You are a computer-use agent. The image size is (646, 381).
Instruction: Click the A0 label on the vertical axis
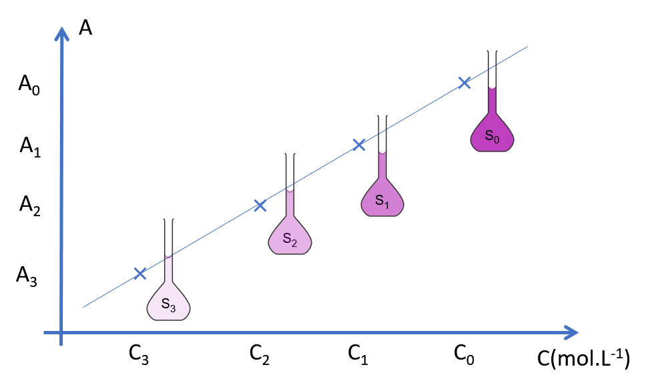pos(29,85)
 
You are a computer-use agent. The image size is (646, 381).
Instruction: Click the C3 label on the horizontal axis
pos(138,355)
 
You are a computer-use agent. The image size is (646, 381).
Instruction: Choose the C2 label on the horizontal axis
pos(260,354)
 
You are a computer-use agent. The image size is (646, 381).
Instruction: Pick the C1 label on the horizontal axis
pos(358,354)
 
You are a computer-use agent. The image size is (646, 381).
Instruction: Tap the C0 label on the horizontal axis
pos(464,354)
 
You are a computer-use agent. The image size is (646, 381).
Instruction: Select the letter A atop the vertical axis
pos(85,27)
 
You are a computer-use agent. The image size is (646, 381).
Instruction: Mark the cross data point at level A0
pos(464,82)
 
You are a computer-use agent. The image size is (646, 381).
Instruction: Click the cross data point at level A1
pos(358,144)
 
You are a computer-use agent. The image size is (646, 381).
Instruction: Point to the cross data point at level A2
pos(260,205)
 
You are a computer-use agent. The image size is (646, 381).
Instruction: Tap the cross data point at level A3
pos(139,273)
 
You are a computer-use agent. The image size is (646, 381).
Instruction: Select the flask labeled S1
pos(382,197)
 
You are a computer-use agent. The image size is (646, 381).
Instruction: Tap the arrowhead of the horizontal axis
pos(571,332)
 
